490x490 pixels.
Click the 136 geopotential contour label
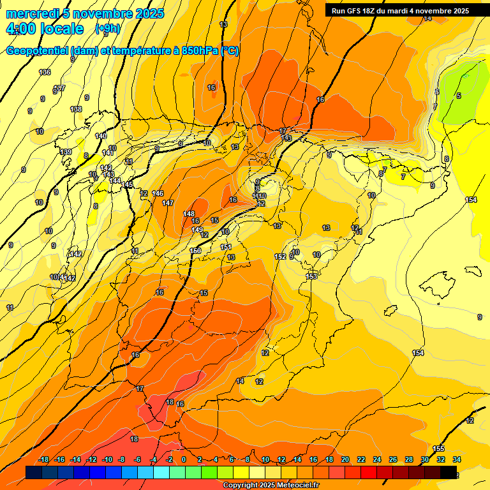pos(45,72)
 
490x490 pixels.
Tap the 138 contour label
pos(76,109)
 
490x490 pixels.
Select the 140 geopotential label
pos(101,136)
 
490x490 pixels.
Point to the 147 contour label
pos(168,203)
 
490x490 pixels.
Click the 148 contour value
pos(189,214)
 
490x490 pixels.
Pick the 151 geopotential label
pos(226,247)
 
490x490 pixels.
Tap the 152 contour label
pos(280,256)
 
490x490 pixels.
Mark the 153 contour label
pos(311,276)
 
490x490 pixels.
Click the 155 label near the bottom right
pos(438,449)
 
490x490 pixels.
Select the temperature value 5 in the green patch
pos(458,96)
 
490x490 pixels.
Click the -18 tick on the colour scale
pos(44,459)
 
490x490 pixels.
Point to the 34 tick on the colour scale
pos(457,459)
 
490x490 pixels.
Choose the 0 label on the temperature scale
pos(184,459)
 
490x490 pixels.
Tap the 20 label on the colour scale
pos(345,459)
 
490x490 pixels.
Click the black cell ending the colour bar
pos(449,472)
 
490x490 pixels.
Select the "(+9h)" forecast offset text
pos(107,28)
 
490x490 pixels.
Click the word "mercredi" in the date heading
pos(31,13)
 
